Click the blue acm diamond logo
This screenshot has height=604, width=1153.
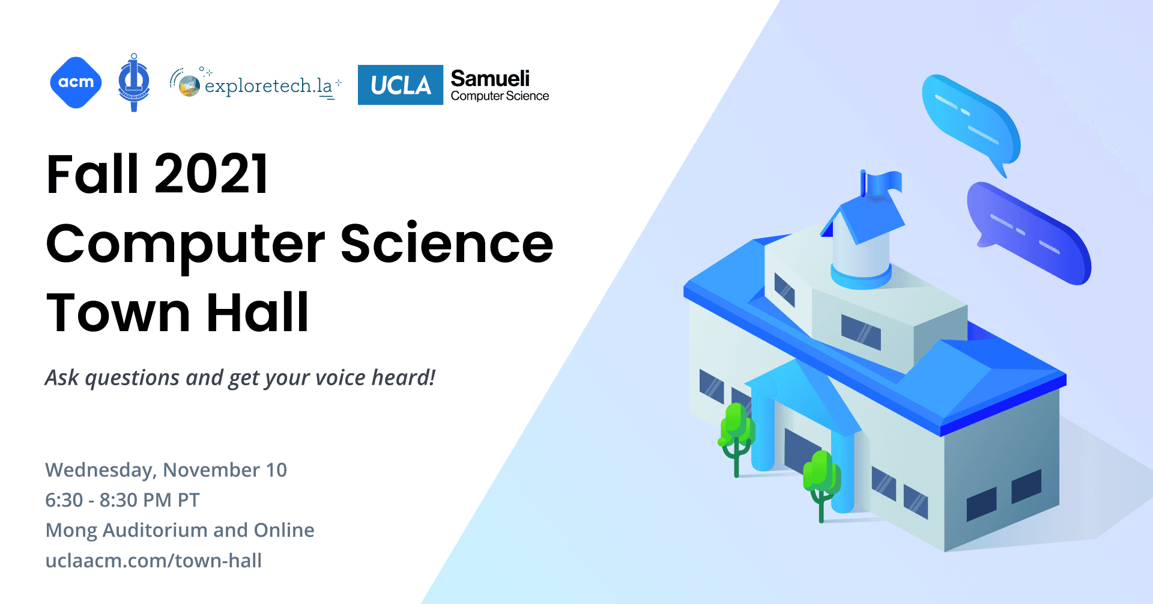click(76, 83)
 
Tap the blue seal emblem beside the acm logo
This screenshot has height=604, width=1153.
click(134, 83)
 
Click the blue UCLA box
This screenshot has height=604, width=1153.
click(401, 85)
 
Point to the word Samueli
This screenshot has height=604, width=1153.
click(490, 78)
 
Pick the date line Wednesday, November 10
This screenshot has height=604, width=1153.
click(166, 470)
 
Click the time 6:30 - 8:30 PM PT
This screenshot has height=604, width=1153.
click(123, 500)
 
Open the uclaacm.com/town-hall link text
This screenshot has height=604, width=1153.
click(154, 561)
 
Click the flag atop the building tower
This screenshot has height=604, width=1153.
click(883, 182)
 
